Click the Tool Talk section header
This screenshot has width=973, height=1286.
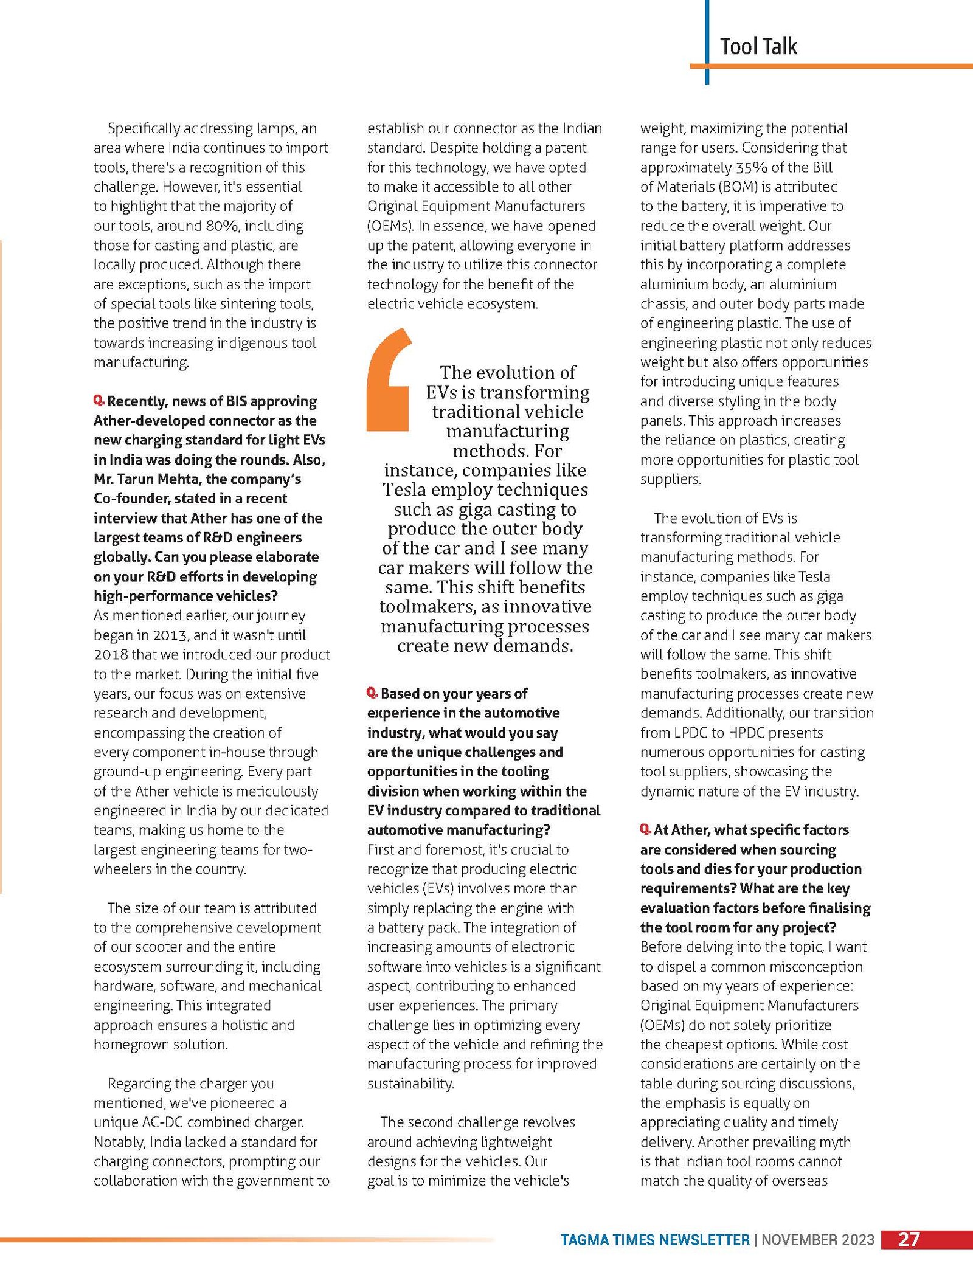tap(758, 47)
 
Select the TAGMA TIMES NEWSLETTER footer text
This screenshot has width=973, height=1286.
tap(654, 1240)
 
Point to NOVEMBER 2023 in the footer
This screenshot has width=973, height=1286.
tap(817, 1240)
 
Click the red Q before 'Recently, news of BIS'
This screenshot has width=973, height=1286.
tap(99, 401)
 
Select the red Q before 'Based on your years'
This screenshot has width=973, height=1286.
tap(372, 693)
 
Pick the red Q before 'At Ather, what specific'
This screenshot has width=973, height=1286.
tap(645, 829)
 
